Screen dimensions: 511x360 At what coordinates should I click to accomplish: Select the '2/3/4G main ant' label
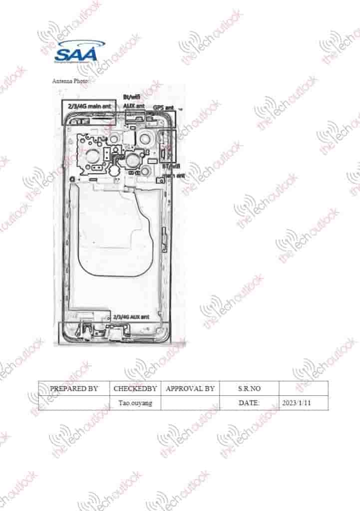point(89,106)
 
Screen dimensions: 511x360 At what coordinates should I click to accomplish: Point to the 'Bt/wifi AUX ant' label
point(133,102)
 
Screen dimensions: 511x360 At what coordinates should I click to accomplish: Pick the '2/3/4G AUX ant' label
point(131,316)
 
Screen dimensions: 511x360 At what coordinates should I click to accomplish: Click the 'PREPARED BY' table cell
point(73,388)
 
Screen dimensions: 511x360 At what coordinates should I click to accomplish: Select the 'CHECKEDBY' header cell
point(135,388)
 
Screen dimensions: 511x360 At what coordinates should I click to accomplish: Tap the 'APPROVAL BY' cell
point(190,388)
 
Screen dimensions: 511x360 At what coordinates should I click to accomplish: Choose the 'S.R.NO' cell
point(249,388)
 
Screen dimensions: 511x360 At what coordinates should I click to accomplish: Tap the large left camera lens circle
point(93,156)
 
